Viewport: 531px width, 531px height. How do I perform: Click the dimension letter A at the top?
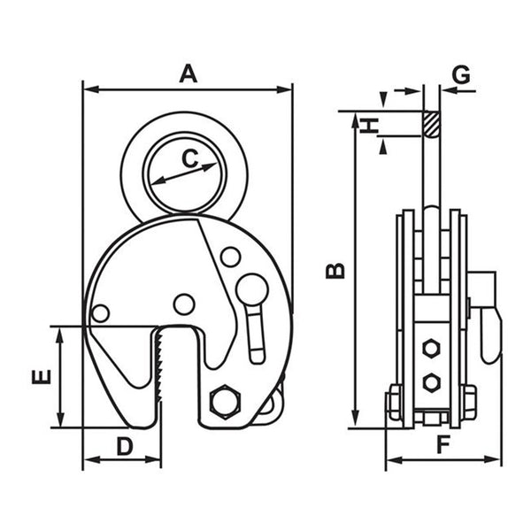(x=187, y=73)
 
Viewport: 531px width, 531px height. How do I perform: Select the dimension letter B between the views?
(x=335, y=269)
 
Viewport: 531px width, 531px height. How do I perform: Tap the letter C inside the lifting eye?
(x=189, y=158)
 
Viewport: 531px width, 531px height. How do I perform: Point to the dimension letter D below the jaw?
(x=124, y=446)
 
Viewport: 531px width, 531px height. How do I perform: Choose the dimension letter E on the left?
(x=40, y=377)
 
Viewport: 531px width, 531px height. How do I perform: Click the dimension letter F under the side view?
(x=443, y=445)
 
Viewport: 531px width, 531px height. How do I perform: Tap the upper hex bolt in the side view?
(x=431, y=349)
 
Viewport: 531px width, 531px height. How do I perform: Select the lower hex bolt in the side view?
(x=431, y=382)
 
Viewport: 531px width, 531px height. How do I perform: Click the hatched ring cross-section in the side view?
(x=431, y=123)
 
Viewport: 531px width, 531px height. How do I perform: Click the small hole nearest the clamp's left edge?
(x=101, y=313)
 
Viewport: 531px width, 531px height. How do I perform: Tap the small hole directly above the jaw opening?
(x=184, y=304)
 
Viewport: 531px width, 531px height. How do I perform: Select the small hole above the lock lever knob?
(x=230, y=258)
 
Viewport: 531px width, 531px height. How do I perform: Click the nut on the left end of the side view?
(x=392, y=404)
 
